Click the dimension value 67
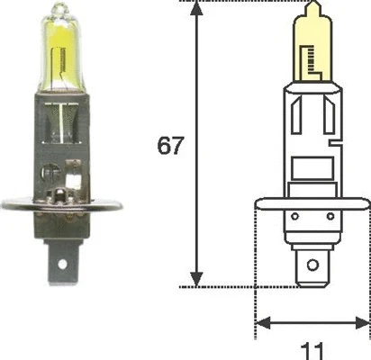tap(171, 145)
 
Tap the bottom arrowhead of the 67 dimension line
tap(195, 280)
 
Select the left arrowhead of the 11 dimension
tap(261, 323)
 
